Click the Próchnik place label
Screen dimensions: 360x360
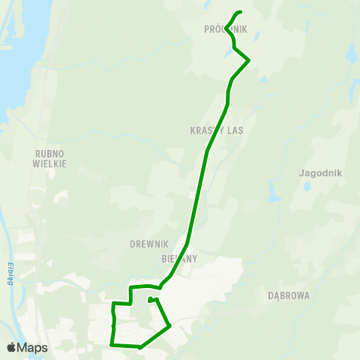[225, 29]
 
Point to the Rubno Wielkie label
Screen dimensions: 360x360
[51, 158]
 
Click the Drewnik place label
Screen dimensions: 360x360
[148, 244]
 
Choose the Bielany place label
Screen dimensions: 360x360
[179, 258]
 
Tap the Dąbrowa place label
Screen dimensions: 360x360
[289, 295]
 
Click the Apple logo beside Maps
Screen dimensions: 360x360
[11, 348]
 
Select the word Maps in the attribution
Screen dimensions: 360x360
[32, 348]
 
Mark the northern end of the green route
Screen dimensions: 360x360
[241, 11]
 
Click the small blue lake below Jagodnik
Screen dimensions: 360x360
[307, 185]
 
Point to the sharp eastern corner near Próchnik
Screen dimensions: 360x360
[248, 60]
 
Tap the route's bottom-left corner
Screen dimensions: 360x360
[112, 344]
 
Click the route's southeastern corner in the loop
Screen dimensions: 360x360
[170, 325]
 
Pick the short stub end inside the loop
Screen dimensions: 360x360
[150, 301]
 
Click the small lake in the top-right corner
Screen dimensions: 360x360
[351, 55]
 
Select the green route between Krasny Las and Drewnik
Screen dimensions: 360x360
[196, 195]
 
